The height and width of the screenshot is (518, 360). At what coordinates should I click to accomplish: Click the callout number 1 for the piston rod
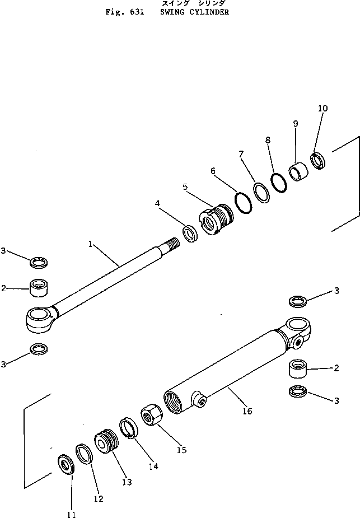point(89,244)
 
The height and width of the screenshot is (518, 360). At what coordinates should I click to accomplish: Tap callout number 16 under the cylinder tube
point(247,411)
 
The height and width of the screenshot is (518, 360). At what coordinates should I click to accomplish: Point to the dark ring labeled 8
point(278,181)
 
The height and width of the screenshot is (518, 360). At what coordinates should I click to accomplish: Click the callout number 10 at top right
point(322,108)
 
